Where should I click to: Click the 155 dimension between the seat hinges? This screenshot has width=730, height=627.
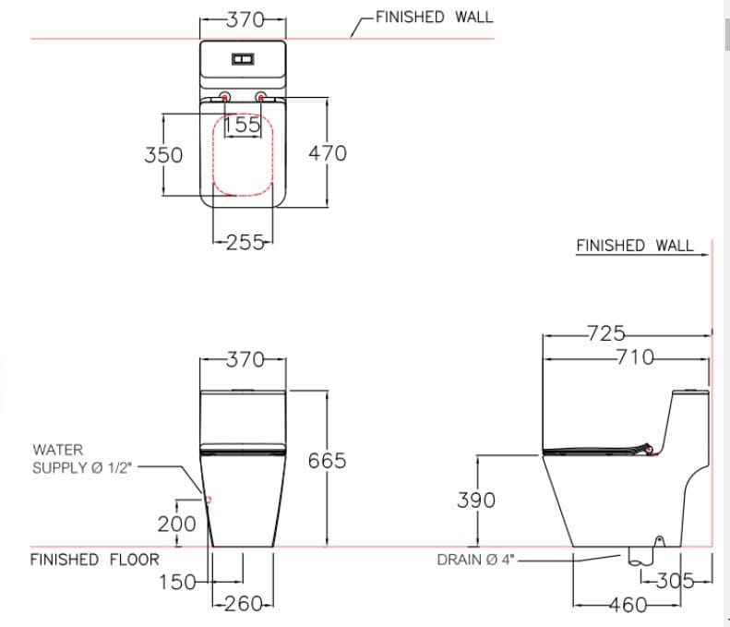pyautogui.click(x=243, y=126)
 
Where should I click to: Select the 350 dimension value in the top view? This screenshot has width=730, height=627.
pyautogui.click(x=163, y=154)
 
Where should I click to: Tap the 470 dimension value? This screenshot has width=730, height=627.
pyautogui.click(x=328, y=152)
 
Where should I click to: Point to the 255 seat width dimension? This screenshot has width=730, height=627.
pyautogui.click(x=242, y=243)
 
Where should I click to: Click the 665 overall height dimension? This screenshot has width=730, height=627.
pyautogui.click(x=328, y=460)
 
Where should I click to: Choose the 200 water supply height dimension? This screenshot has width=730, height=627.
pyautogui.click(x=177, y=524)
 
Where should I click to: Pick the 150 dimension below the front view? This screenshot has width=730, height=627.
pyautogui.click(x=177, y=582)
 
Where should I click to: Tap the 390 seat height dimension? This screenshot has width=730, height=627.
pyautogui.click(x=476, y=500)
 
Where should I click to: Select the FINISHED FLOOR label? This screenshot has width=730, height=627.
pyautogui.click(x=94, y=560)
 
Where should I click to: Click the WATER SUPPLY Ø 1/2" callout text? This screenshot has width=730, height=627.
pyautogui.click(x=82, y=458)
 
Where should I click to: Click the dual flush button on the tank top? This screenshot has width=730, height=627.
pyautogui.click(x=244, y=60)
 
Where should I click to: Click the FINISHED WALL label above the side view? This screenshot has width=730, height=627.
pyautogui.click(x=634, y=246)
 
